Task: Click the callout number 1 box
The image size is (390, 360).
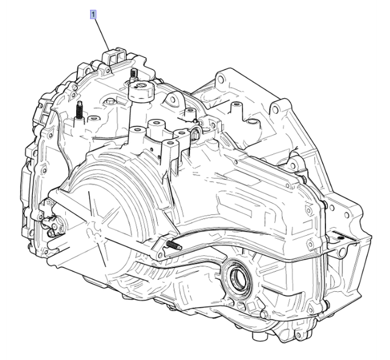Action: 93,13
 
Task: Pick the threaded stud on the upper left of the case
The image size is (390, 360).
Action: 79,111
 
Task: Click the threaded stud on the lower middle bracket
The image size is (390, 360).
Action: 173,245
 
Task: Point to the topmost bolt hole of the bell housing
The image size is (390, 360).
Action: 222,78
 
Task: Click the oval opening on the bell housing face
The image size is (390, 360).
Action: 235,108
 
